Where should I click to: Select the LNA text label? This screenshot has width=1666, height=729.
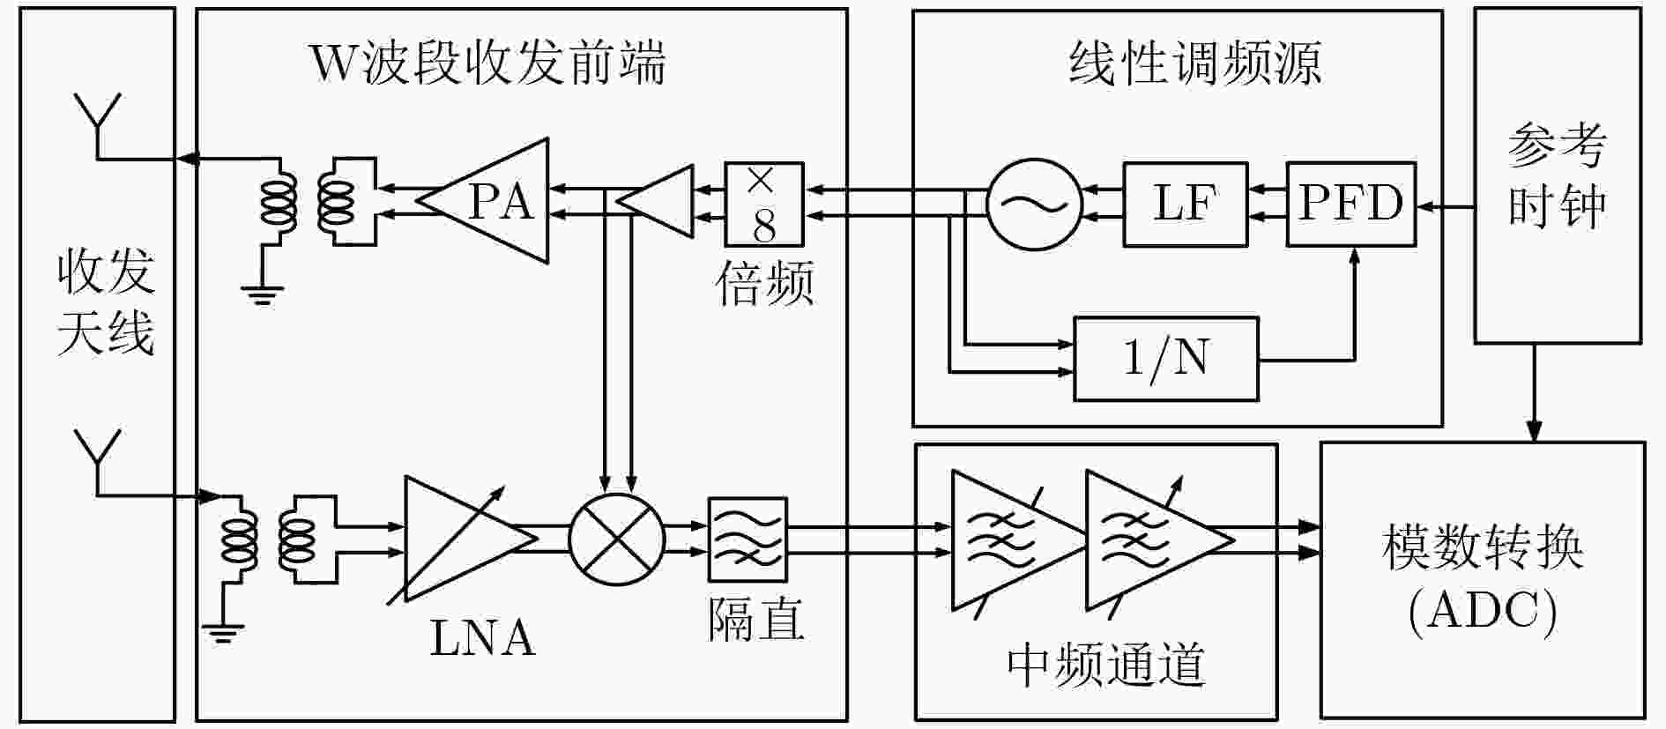482,638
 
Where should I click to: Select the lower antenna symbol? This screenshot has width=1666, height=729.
96,463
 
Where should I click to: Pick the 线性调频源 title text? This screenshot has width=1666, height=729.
1195,63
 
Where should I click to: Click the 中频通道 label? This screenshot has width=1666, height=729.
1105,665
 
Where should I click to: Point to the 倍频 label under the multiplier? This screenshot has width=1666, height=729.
764,283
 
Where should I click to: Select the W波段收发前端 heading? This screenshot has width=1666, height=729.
487,63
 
